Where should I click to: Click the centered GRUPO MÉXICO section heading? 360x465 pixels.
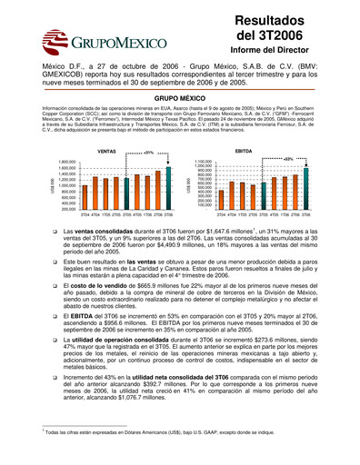[179, 94]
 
